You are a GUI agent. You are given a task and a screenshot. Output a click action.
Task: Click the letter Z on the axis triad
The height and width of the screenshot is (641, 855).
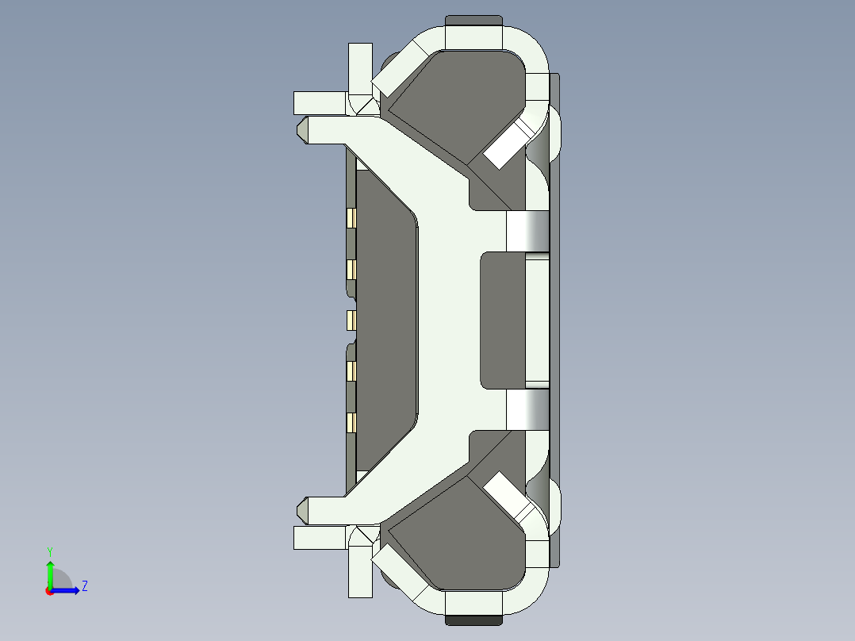point(84,586)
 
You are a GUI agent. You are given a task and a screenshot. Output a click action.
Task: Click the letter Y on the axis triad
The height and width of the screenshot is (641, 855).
point(49,551)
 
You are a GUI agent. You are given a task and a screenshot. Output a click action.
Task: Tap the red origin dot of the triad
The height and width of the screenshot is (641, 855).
point(49,590)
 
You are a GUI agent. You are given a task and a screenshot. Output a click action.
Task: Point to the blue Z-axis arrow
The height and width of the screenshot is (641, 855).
point(68,589)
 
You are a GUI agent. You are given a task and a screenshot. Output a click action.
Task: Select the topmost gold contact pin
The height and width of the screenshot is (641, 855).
point(351,217)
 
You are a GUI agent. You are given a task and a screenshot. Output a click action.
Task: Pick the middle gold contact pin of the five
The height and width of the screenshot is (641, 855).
point(351,320)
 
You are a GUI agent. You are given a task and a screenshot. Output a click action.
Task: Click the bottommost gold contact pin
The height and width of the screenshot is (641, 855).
point(351,423)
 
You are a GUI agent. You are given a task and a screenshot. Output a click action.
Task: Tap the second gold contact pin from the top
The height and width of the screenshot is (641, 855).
point(351,270)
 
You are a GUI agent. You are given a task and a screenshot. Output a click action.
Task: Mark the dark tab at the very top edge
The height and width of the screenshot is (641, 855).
point(474,20)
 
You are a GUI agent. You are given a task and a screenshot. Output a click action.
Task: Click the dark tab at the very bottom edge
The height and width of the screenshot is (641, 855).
point(474,620)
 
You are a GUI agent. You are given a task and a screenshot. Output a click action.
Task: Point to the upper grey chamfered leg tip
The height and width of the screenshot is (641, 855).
point(302,130)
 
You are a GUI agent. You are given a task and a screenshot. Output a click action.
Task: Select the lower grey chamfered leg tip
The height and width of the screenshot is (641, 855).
point(302,510)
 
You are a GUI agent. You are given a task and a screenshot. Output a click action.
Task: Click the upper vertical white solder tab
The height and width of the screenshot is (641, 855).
point(360,67)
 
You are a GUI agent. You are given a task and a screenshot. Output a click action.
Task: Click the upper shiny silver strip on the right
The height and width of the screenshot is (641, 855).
point(527,231)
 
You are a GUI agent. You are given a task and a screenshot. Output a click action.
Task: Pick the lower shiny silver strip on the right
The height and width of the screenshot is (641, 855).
point(527,409)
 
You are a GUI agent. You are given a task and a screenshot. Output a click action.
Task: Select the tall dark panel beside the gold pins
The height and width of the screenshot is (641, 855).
point(386,320)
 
